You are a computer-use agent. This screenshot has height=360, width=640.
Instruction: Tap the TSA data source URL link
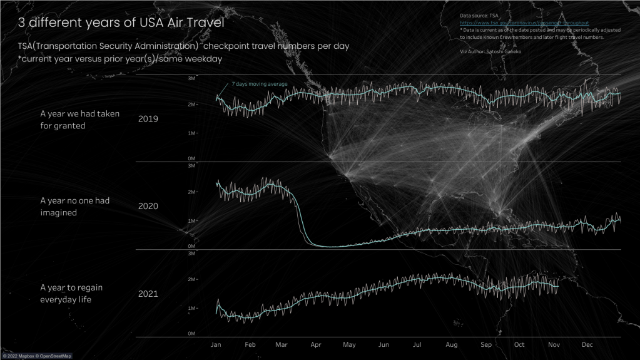pyautogui.click(x=524, y=23)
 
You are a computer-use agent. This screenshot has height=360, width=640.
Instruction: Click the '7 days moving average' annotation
pyautogui.click(x=259, y=83)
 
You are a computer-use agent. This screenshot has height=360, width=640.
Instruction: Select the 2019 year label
pyautogui.click(x=148, y=119)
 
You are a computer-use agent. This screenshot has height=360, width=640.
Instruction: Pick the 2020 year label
pyautogui.click(x=148, y=206)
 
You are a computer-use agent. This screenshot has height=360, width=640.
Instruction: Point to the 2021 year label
pyautogui.click(x=148, y=294)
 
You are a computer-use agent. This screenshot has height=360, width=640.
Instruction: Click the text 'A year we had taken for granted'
pyautogui.click(x=79, y=120)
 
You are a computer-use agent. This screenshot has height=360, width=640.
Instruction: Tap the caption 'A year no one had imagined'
pyautogui.click(x=75, y=207)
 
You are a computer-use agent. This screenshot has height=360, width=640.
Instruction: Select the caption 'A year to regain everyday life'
pyautogui.click(x=71, y=294)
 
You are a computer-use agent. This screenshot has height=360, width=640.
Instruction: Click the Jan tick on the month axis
pyautogui.click(x=216, y=345)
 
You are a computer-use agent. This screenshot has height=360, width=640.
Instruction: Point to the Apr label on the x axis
pyautogui.click(x=316, y=345)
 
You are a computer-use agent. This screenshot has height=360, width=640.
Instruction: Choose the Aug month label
pyautogui.click(x=451, y=345)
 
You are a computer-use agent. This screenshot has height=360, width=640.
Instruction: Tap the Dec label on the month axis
pyautogui.click(x=587, y=345)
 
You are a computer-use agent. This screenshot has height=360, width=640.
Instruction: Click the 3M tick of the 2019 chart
pyautogui.click(x=191, y=78)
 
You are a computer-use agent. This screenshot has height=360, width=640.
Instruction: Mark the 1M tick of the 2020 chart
pyautogui.click(x=191, y=221)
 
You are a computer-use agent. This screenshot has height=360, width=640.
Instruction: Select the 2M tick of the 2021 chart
pyautogui.click(x=191, y=279)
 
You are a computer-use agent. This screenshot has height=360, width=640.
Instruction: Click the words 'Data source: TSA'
pyautogui.click(x=479, y=14)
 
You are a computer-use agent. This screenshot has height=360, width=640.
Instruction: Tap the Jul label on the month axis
pyautogui.click(x=417, y=345)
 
